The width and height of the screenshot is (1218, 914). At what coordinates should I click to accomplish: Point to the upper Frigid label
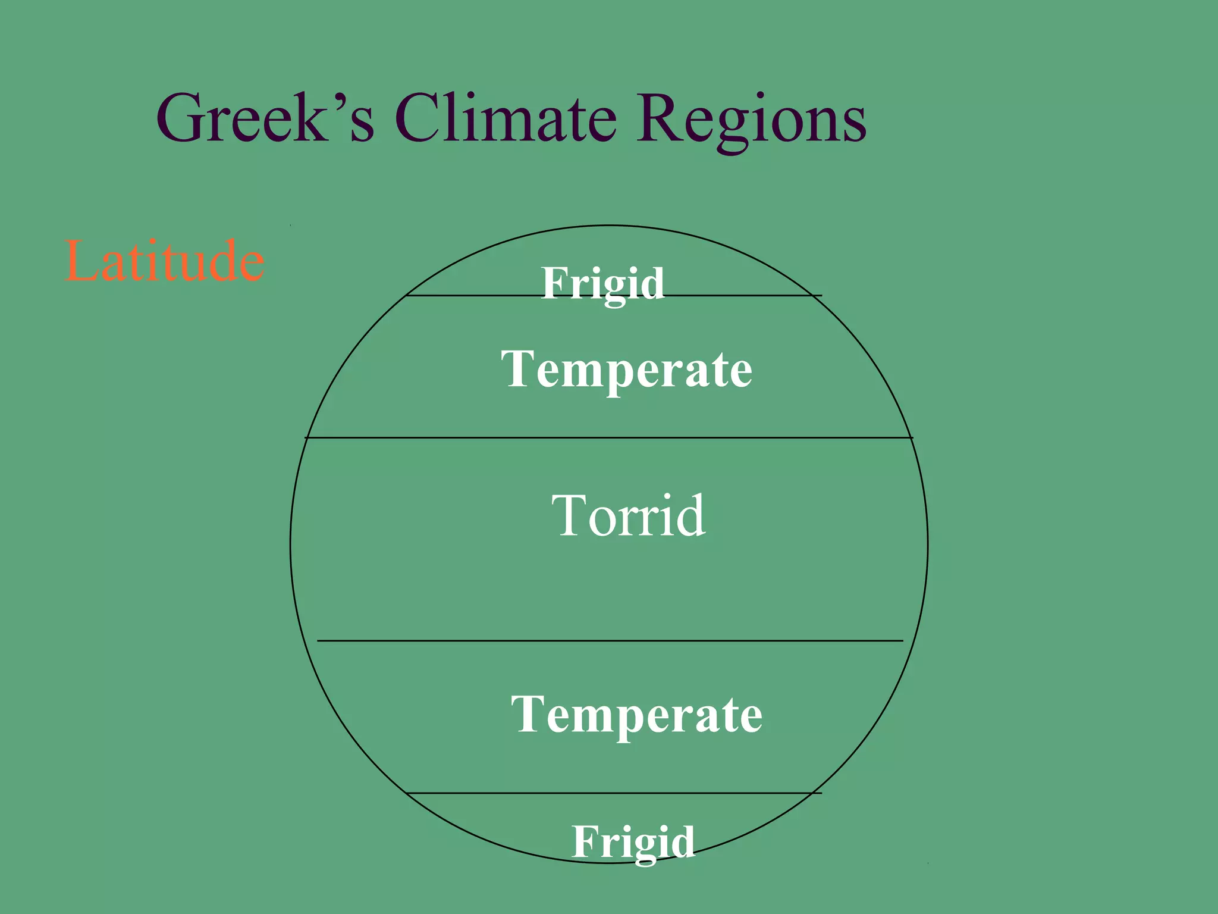tap(602, 283)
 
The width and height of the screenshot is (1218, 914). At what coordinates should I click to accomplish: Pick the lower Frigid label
tap(633, 841)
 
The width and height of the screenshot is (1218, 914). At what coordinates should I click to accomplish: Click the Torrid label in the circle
tap(628, 515)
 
